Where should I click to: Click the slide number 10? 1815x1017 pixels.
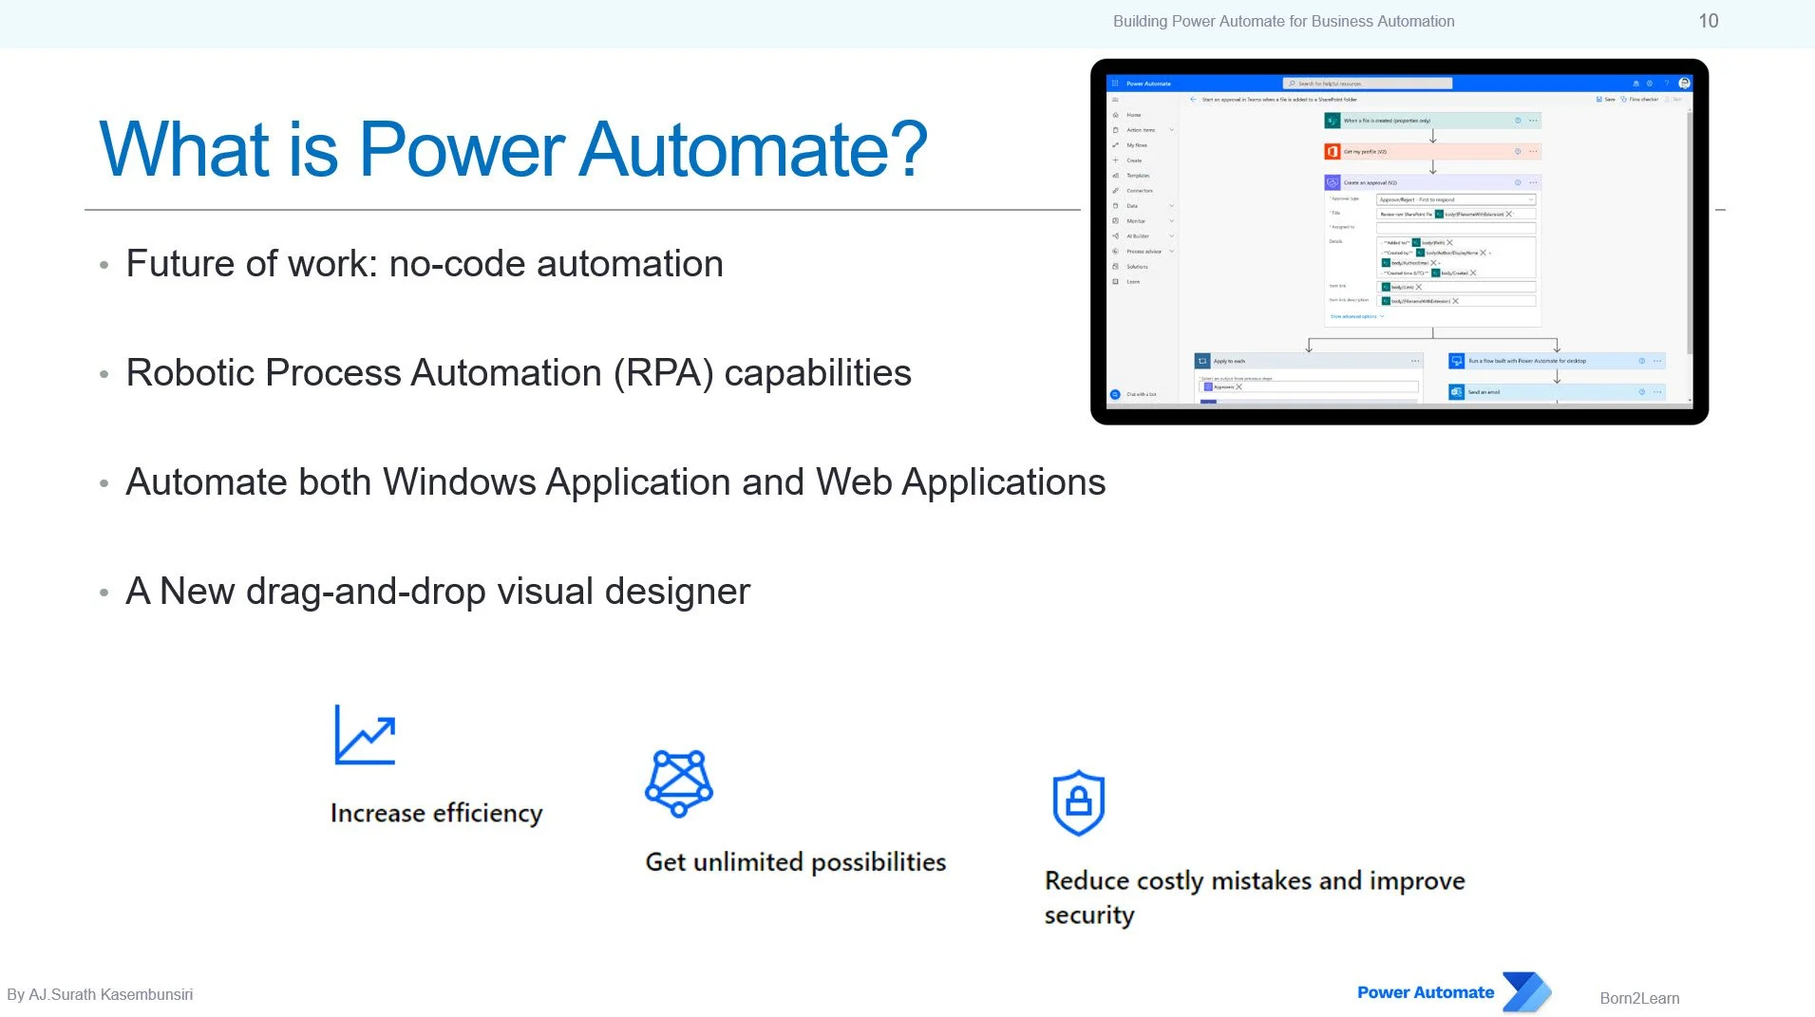coord(1708,21)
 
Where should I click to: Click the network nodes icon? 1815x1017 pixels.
coord(678,782)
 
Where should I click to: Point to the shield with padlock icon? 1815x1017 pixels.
coord(1078,802)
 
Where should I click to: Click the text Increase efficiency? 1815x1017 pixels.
coord(436,813)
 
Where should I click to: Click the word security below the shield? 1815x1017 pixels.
coord(1088,914)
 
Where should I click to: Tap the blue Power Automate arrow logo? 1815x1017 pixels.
coord(1526,992)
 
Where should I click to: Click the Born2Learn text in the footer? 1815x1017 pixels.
coord(1638,998)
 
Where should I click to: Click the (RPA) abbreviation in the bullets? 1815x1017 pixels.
coord(663,372)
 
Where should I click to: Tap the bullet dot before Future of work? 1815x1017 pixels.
coord(104,265)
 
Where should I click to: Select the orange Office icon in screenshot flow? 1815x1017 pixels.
coord(1332,152)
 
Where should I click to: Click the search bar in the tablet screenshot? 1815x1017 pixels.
coord(1367,84)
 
